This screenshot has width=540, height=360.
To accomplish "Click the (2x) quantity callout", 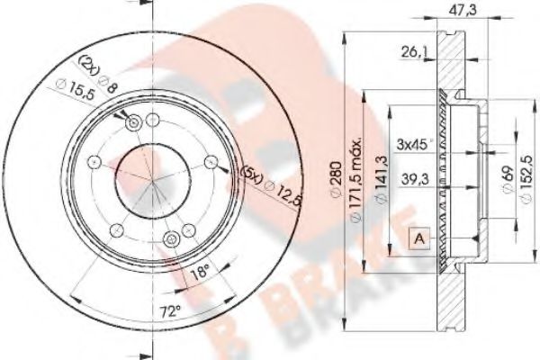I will (89, 64).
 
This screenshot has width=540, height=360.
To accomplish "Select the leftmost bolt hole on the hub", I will (94, 162).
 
